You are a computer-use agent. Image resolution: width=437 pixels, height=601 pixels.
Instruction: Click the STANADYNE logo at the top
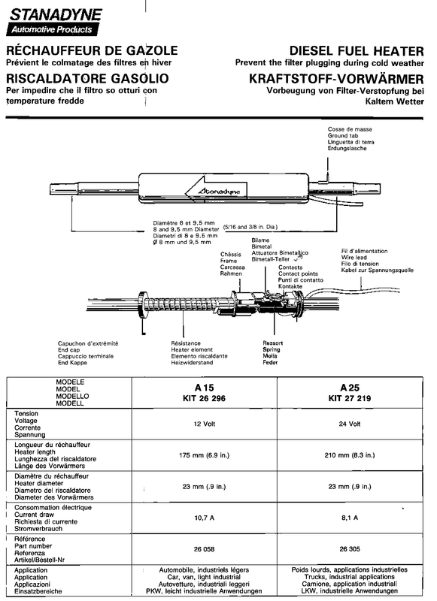54,22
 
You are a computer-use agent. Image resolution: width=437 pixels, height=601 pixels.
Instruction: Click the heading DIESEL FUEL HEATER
357,51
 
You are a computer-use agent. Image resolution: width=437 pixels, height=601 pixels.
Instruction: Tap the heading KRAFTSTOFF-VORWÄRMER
336,79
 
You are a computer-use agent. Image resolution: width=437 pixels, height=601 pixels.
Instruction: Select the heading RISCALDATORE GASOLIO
87,78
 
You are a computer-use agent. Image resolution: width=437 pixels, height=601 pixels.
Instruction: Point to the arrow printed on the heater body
216,188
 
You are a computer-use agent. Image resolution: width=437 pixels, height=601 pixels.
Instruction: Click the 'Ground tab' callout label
343,136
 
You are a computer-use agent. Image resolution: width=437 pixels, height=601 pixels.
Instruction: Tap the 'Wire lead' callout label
354,258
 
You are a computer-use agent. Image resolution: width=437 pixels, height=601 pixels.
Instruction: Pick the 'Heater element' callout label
192,349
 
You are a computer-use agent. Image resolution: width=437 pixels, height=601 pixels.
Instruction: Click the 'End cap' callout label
69,350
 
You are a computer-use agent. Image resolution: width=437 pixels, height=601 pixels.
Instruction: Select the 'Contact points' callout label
298,273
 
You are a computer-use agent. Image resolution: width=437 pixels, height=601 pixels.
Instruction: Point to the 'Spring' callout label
272,349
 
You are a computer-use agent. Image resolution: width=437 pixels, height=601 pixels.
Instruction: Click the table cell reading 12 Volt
205,424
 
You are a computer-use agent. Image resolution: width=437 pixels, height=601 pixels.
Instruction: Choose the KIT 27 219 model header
350,398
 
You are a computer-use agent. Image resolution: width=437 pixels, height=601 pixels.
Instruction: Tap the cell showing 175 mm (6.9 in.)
204,455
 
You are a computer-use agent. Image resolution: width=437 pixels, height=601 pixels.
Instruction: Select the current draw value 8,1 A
350,518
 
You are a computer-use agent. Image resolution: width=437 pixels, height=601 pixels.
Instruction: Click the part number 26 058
204,549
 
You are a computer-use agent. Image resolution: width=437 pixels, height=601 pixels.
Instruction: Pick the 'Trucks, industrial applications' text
350,577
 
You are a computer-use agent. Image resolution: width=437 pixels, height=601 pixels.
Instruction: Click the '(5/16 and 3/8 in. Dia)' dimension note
250,227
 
